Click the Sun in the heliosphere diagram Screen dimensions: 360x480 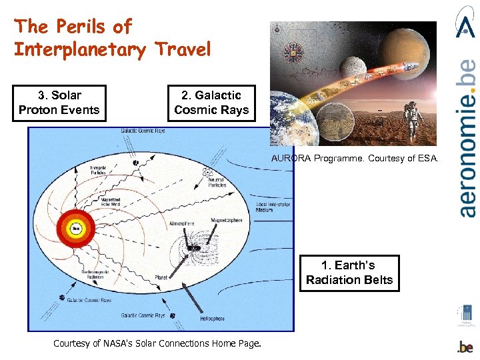76,228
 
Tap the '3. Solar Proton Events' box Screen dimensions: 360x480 59,103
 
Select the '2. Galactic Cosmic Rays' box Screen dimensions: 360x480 211,103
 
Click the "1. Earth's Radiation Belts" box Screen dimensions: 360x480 349,273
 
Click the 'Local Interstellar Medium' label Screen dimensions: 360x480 273,206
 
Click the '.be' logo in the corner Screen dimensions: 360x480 465,347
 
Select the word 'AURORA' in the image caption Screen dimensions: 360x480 290,158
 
